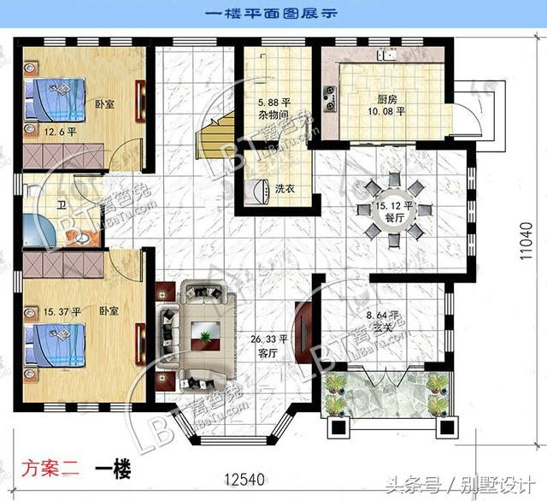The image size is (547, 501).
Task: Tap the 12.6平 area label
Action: [x=60, y=133]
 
